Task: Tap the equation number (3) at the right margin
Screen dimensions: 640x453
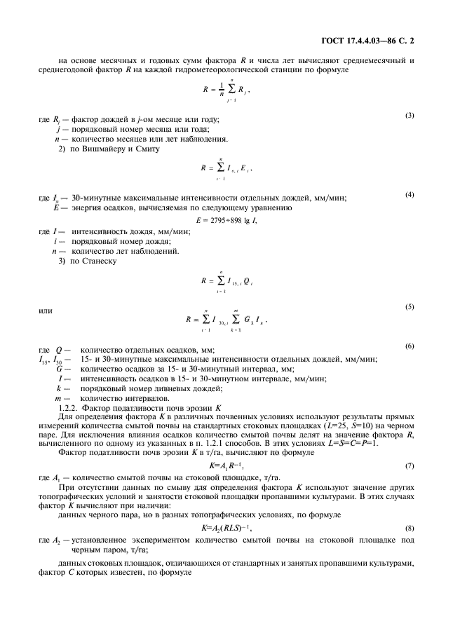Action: point(410,115)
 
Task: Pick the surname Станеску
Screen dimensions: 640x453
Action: point(98,261)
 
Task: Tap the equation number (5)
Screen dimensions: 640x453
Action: point(410,306)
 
